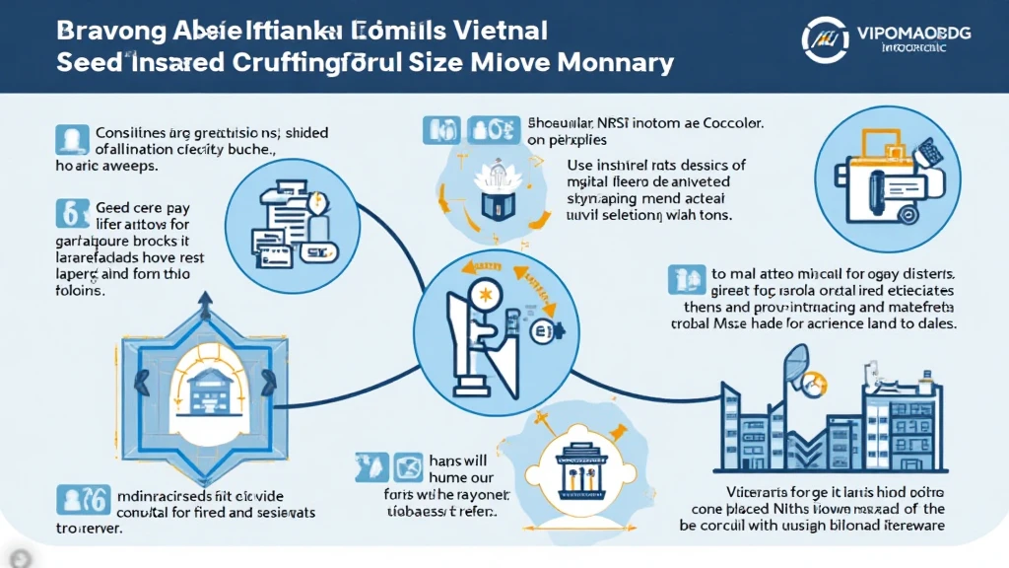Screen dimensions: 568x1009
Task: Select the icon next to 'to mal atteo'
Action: click(x=679, y=277)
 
